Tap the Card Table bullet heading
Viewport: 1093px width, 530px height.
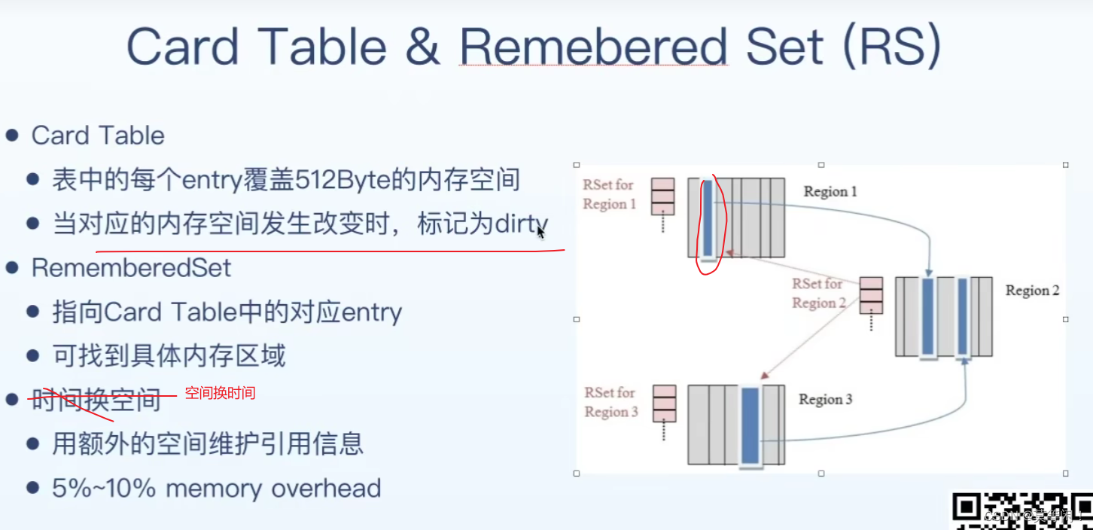[98, 136]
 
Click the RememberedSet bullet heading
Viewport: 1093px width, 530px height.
[131, 268]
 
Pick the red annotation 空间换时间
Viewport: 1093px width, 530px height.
[220, 393]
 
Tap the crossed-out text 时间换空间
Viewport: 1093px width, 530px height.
[96, 400]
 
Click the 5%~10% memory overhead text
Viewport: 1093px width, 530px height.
[216, 488]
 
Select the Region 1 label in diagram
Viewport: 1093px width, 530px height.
[830, 192]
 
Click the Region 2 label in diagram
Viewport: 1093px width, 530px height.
[1032, 291]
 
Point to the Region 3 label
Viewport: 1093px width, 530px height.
[825, 400]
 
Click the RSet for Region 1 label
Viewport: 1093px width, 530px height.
[609, 194]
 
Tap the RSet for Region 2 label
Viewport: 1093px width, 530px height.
[817, 294]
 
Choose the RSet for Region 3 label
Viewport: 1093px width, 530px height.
[610, 402]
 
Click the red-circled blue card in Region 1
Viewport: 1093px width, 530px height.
[708, 218]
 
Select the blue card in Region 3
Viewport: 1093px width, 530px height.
[750, 425]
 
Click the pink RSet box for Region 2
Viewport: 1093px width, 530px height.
[871, 295]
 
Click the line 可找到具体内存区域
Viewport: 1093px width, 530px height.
[169, 355]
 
